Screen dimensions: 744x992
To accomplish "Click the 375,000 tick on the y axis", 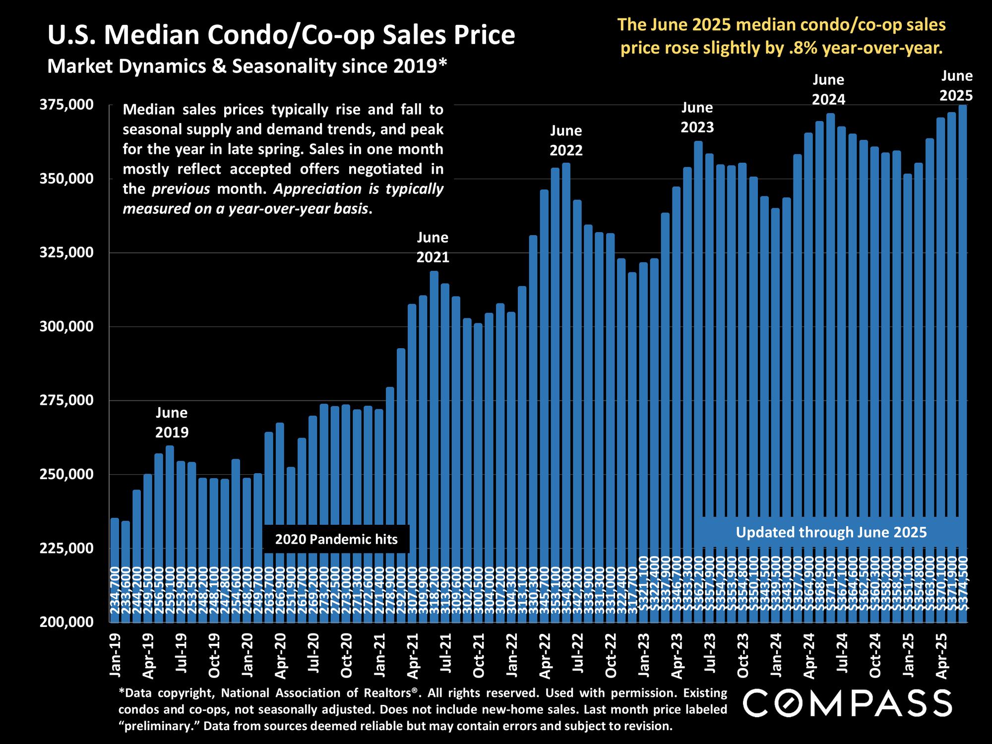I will coord(66,105).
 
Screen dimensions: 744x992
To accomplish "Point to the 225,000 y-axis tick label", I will coord(66,548).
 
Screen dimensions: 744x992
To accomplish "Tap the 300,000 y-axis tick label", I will coord(66,326).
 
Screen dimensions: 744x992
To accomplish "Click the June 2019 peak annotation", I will coord(172,423).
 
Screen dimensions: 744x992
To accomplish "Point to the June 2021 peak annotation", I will coord(433,247).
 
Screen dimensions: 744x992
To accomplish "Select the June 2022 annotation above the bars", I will coord(566,140).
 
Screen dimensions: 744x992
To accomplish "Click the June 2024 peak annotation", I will coord(828,89).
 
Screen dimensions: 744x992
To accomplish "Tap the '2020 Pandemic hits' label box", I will coord(336,539).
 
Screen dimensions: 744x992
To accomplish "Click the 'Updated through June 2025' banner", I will coord(831,532).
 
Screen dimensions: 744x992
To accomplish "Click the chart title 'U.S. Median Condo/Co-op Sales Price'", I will coord(281,35).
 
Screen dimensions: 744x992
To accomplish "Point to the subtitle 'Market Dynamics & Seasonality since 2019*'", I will coord(247,66).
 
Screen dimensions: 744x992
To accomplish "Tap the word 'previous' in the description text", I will coord(181,189).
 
